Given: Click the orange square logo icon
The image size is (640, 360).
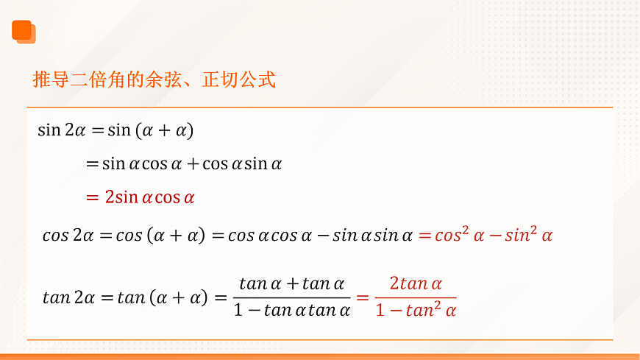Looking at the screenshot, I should point(24,31).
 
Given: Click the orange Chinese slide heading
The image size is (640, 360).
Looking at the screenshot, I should point(154,79).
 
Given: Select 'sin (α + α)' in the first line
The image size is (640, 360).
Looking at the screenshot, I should point(150,130).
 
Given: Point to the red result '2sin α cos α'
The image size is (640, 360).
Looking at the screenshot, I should point(149,197).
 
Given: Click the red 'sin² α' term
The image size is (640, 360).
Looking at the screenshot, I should point(528,236).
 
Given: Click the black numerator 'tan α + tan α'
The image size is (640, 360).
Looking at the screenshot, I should point(291,283).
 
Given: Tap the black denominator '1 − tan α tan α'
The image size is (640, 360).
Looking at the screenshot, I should point(291,310).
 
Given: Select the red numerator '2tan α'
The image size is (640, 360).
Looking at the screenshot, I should point(416,283).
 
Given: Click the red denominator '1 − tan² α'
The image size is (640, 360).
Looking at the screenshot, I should point(416,310).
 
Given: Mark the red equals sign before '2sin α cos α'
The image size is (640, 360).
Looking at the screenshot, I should point(92,197).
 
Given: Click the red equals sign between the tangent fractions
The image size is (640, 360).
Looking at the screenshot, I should point(362,297).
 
